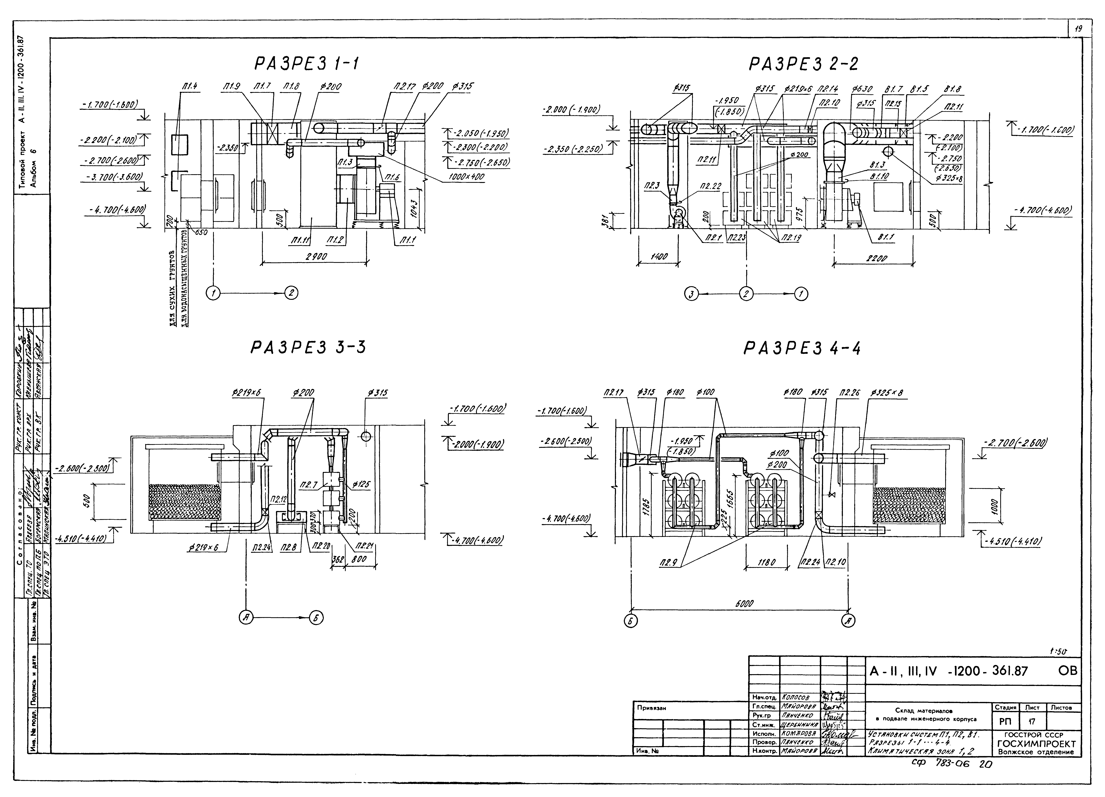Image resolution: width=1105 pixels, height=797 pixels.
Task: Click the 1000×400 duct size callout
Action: pos(467,177)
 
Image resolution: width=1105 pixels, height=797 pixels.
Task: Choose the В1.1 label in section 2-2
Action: pos(884,237)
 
